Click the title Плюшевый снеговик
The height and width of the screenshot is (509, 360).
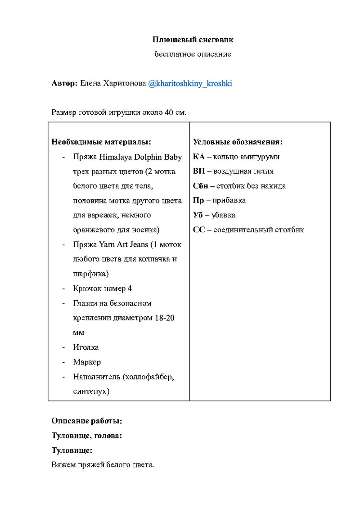193,40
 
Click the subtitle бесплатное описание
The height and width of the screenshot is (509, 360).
193,54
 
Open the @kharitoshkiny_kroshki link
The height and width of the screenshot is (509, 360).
190,84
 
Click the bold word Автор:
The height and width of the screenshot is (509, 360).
65,84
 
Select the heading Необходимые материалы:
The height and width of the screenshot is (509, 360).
101,142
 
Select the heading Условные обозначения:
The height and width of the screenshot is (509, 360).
238,142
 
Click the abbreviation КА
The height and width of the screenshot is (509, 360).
198,157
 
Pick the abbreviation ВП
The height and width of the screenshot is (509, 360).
199,171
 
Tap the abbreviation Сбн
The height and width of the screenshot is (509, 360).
200,186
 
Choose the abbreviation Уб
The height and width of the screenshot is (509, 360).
198,215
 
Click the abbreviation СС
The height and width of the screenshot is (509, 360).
198,230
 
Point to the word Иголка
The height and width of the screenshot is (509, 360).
86,347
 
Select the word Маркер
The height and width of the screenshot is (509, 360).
87,362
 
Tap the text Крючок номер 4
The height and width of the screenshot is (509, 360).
103,288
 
